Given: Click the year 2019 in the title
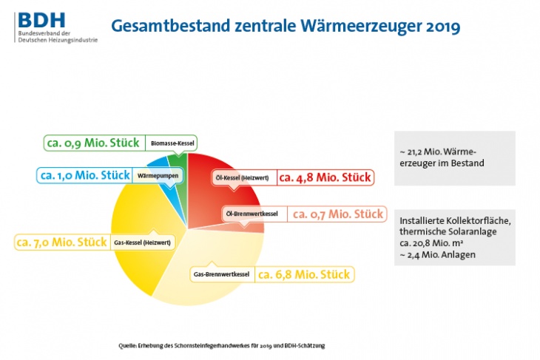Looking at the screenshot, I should click(x=437, y=27).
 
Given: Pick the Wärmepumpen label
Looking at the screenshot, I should click(x=155, y=176).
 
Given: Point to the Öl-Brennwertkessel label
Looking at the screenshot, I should click(x=252, y=214).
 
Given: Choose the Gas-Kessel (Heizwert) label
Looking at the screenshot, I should click(x=143, y=242).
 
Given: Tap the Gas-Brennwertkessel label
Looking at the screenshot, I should click(x=221, y=274).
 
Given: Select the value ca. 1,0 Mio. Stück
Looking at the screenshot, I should click(x=84, y=175).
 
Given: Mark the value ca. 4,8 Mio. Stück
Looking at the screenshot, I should click(x=325, y=177).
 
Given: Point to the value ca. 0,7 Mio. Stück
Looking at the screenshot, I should click(x=338, y=214).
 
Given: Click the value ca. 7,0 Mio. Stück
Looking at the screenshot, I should click(x=61, y=242).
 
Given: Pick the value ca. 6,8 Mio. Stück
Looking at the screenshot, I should click(x=304, y=274).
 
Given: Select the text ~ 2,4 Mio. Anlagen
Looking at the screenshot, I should click(x=436, y=255).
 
